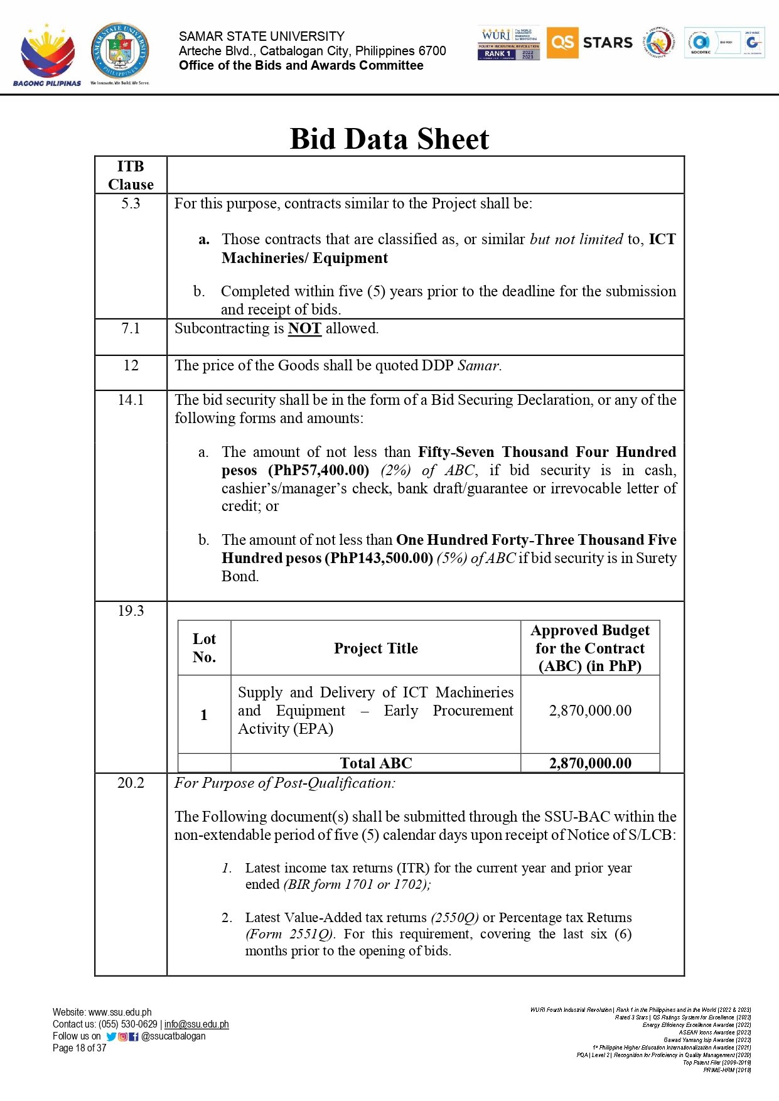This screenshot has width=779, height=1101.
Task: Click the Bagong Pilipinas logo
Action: pos(47,55)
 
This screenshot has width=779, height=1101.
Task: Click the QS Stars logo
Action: pos(589,43)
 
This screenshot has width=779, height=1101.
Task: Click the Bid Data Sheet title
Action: pos(389,139)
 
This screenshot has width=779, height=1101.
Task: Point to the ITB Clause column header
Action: pos(131,175)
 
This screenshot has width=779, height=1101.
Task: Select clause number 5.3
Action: pos(131,203)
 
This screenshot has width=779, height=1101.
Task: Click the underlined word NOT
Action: pos(304,328)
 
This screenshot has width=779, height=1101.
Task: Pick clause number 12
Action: pos(131,365)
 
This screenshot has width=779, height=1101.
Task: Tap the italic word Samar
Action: pos(479,365)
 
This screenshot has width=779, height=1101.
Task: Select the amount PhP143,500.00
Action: pos(379,558)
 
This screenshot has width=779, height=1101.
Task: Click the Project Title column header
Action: pos(375,648)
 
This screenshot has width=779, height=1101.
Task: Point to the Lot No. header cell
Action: pos(204,648)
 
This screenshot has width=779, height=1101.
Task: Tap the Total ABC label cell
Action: pos(375,763)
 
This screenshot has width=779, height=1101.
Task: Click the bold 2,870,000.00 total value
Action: pos(590,763)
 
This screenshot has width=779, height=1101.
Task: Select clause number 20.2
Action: pos(131,783)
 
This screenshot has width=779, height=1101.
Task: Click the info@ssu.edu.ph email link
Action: pos(196,1024)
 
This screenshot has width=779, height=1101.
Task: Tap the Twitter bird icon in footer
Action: pos(111,1036)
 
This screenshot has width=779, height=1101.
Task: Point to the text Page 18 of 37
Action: pos(80,1048)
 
